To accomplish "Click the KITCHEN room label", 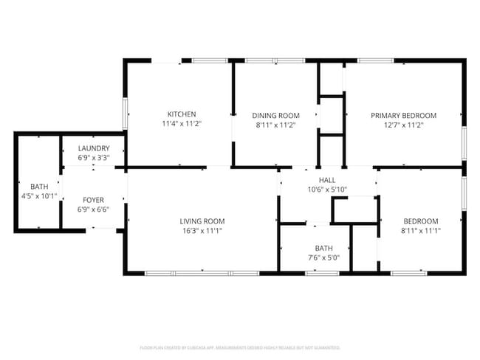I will [182, 114].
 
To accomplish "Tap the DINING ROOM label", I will [276, 115].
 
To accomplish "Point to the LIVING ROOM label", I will [202, 221].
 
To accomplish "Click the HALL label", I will [326, 180].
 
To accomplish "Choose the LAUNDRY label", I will [94, 148].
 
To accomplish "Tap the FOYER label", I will [93, 200].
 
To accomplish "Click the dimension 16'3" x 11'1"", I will [202, 231].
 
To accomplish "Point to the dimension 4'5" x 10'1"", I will [38, 195].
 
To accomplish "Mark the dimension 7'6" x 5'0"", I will [324, 258].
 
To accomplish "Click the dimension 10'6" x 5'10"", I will [326, 190].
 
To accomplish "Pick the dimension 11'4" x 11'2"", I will [182, 124].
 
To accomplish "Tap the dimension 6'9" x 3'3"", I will [94, 157].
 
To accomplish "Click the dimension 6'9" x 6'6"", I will [93, 210].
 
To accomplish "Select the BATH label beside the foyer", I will [38, 186].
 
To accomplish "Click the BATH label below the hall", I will [324, 249].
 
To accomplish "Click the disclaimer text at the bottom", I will [240, 347].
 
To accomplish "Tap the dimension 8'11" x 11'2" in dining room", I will [276, 125].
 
